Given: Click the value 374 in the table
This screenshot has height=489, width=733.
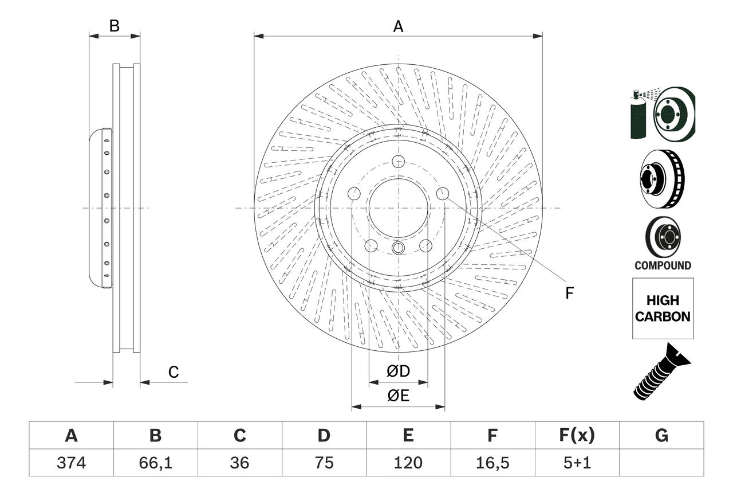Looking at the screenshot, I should [71, 463].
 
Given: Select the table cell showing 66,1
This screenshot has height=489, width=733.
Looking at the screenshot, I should [155, 463].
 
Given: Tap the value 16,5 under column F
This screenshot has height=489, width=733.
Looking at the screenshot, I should [492, 463].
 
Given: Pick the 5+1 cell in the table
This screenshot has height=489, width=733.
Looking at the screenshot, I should [577, 463].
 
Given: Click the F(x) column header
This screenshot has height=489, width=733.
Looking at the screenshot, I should [577, 436].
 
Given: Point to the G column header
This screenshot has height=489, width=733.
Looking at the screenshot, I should [661, 436].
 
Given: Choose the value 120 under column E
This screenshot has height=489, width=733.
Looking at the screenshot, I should [408, 463].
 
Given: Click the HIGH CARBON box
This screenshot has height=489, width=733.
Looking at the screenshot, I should [663, 308].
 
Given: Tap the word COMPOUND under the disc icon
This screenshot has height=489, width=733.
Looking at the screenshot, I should [663, 265].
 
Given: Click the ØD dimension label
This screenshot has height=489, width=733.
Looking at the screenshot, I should [398, 371].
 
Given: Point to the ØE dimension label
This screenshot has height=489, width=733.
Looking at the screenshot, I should [398, 396].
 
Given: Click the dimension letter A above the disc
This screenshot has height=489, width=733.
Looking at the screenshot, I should [398, 26].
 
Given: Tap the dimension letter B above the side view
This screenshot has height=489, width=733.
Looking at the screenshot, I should [115, 26].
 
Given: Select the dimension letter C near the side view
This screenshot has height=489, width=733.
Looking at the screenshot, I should [174, 372].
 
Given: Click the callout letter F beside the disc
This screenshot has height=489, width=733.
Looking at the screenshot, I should [569, 293].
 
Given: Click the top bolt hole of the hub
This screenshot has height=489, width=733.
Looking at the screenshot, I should [398, 162].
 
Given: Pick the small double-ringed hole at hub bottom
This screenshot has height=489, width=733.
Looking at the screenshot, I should [398, 248].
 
